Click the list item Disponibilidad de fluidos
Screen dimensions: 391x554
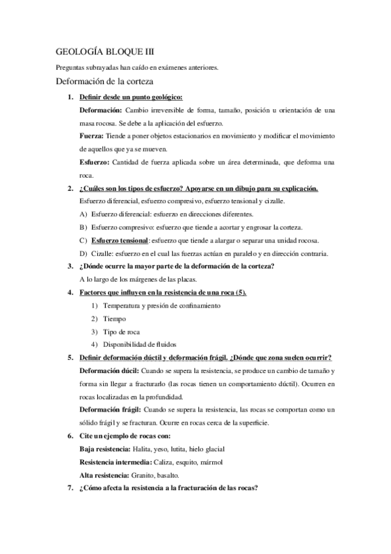click(140, 344)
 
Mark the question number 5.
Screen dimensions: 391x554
click(70, 357)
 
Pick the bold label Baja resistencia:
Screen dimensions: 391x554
click(104, 449)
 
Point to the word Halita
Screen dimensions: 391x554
click(142, 449)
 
